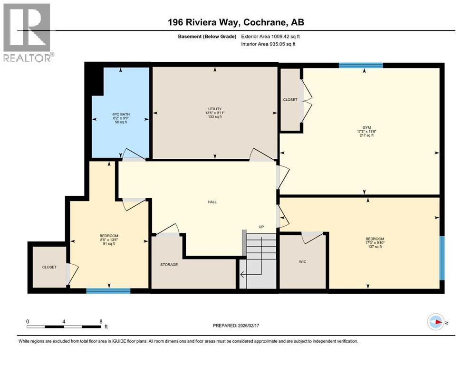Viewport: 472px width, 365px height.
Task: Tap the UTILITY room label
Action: click(x=215, y=109)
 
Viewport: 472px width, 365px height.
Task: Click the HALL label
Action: click(x=212, y=202)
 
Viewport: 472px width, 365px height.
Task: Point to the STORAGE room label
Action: click(x=169, y=265)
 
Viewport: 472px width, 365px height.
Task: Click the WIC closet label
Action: click(x=302, y=262)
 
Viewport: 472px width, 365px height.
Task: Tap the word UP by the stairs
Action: click(x=261, y=227)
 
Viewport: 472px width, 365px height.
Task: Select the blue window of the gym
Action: click(x=361, y=66)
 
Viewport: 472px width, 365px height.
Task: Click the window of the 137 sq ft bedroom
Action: click(x=442, y=258)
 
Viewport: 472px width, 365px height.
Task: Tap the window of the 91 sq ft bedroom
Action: click(x=108, y=290)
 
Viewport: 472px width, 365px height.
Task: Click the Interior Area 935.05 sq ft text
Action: click(x=268, y=44)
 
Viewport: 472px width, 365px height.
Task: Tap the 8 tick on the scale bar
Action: click(x=101, y=321)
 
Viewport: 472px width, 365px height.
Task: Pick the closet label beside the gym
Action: click(x=290, y=100)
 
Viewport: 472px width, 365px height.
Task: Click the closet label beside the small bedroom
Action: click(x=49, y=267)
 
